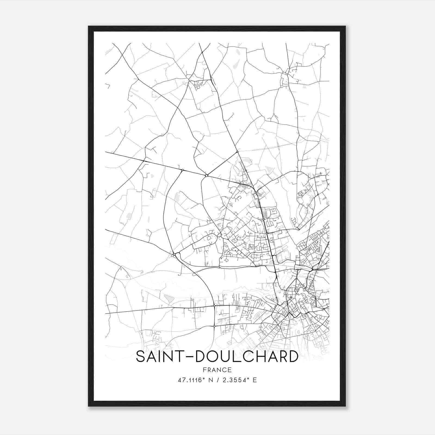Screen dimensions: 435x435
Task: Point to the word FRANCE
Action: click(217, 370)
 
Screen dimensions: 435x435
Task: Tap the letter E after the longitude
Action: click(255, 380)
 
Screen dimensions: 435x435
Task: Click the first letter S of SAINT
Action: click(141, 356)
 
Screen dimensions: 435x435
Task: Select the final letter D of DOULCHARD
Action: click(293, 356)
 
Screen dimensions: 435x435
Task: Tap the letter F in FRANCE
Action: click(204, 370)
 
